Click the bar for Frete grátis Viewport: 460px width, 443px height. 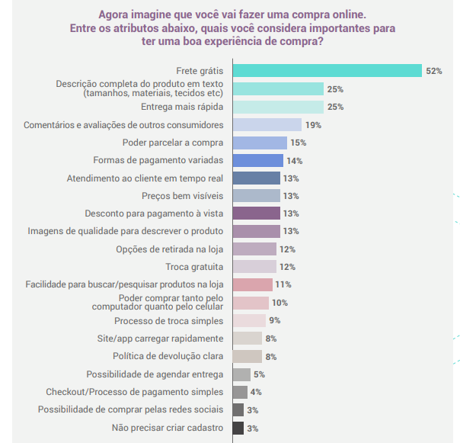[x=327, y=71]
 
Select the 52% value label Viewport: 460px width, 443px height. [x=434, y=71]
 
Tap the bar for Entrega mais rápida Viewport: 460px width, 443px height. [x=278, y=107]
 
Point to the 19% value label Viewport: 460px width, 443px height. [x=313, y=124]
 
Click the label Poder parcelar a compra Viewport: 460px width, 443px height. [x=173, y=143]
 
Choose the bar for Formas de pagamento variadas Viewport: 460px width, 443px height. [x=257, y=160]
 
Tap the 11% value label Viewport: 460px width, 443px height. [x=283, y=284]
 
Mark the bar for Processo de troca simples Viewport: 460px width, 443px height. [x=249, y=320]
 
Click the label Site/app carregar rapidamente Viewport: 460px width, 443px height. [x=160, y=338]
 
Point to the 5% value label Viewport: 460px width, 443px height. [x=259, y=374]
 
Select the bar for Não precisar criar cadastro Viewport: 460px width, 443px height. [x=238, y=428]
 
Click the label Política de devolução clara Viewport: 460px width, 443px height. [x=168, y=356]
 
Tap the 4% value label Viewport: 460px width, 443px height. [x=256, y=392]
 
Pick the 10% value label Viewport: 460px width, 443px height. [x=279, y=303]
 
